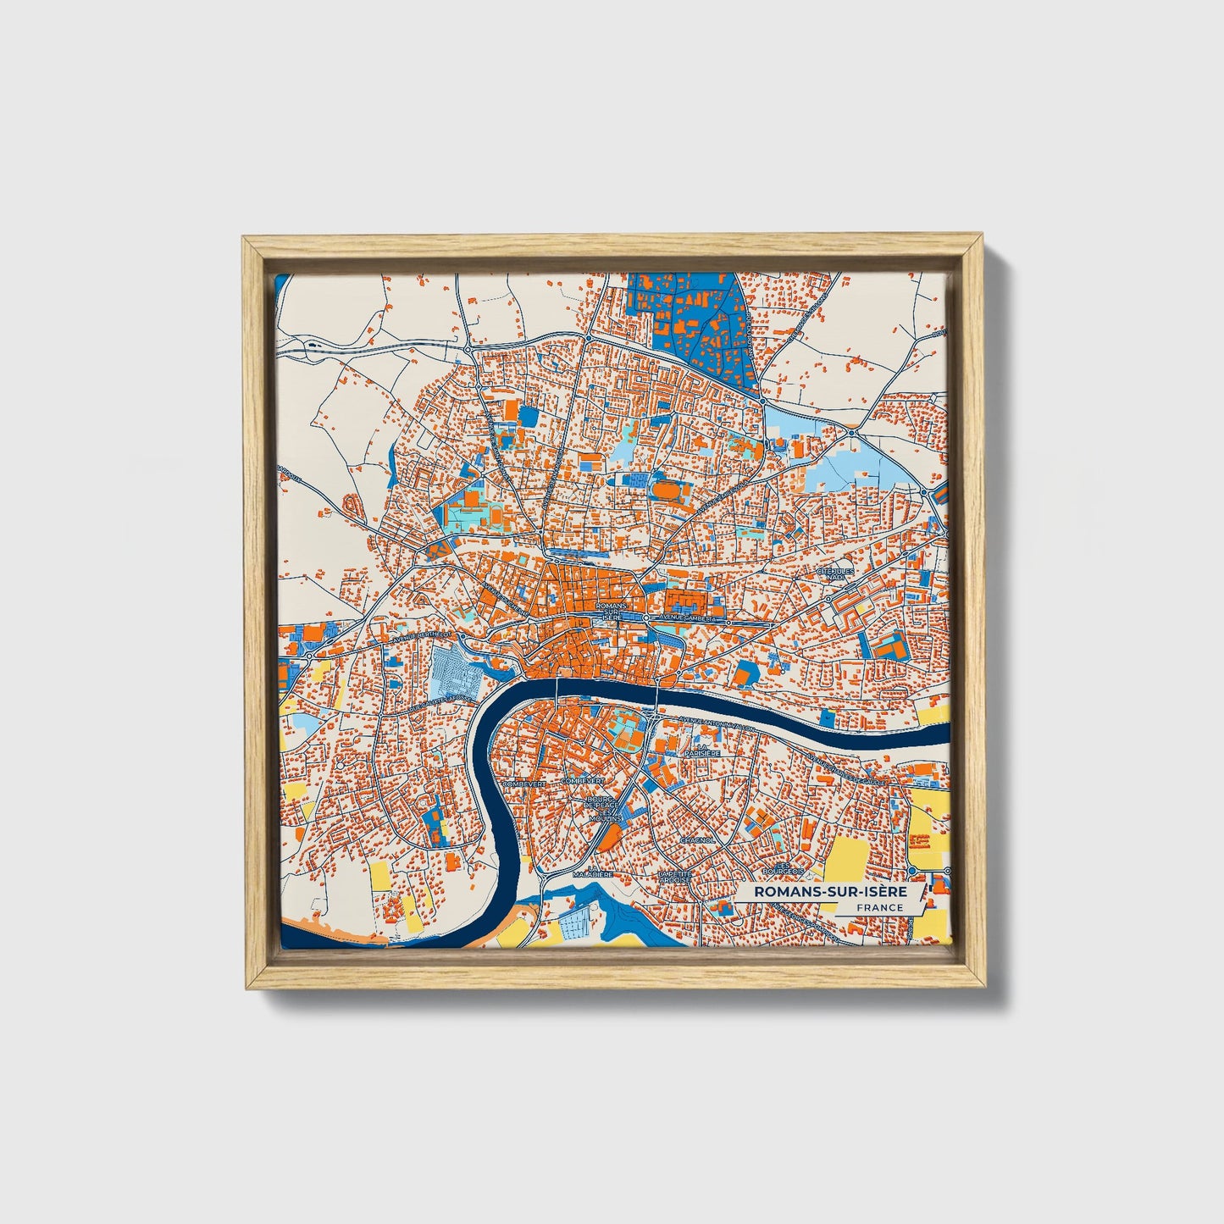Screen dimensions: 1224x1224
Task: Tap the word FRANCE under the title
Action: pos(878,907)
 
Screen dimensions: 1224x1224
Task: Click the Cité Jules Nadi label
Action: pos(833,573)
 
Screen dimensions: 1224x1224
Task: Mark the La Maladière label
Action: pos(592,873)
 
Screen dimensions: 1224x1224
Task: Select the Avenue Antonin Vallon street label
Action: pos(713,721)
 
